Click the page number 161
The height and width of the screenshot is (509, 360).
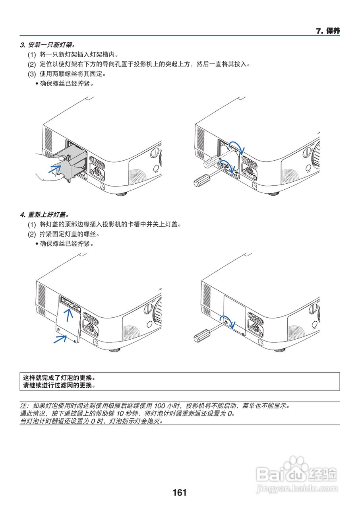[180, 493]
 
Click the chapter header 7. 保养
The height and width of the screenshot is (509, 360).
[327, 31]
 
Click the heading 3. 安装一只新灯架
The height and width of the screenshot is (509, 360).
[47, 45]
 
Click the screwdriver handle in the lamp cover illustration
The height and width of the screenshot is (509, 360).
[201, 337]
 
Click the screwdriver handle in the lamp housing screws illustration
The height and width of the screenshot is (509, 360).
[201, 181]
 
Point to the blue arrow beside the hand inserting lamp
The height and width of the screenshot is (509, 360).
[55, 169]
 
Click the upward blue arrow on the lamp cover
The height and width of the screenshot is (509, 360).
[69, 316]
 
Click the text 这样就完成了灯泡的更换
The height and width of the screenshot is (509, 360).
[60, 378]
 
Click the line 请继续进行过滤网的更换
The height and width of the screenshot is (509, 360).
[60, 385]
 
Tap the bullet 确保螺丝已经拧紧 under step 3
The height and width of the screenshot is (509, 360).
[66, 84]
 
